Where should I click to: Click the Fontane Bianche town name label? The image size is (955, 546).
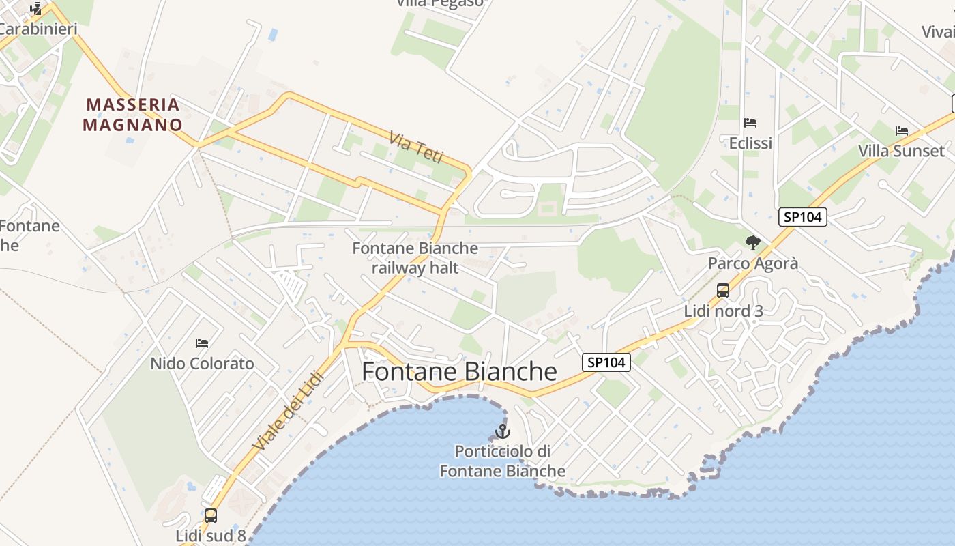(459, 371)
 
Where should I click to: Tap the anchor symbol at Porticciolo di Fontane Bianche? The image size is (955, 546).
(503, 431)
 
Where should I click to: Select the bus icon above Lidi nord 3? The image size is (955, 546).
(723, 291)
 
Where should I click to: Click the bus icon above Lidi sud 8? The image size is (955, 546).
(210, 516)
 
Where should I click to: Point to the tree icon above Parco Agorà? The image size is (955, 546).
(753, 242)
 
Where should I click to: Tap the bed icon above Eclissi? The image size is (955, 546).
(750, 123)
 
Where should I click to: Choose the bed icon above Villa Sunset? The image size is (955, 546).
(902, 130)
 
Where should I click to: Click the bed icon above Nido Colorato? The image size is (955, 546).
(202, 343)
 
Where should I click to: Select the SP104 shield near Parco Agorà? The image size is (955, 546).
(803, 217)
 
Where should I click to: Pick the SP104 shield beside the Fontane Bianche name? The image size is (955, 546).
(606, 362)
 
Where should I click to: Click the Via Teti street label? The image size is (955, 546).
(416, 147)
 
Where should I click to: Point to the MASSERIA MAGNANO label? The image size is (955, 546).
(132, 115)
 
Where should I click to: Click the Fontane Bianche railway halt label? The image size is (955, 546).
(415, 258)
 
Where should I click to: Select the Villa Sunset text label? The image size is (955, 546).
(901, 151)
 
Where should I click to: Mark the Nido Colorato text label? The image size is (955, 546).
(202, 363)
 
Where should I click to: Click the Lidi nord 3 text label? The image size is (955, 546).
(723, 311)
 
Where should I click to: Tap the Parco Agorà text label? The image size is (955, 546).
(753, 263)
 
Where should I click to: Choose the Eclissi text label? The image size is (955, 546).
(750, 143)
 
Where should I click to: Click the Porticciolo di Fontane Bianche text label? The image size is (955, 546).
(503, 461)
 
